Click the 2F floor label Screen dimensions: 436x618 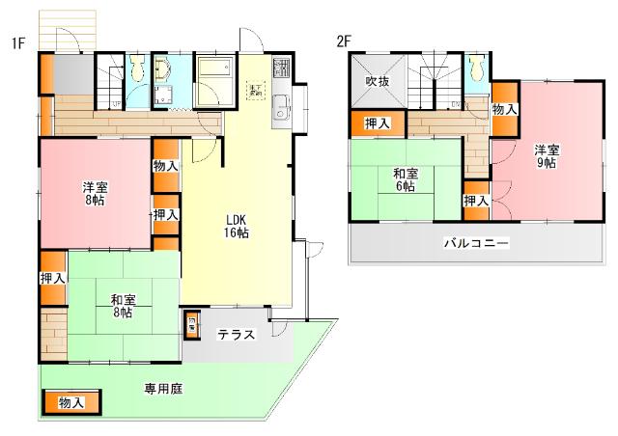[343, 41]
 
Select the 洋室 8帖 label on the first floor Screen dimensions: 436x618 [94, 193]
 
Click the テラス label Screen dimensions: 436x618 [236, 336]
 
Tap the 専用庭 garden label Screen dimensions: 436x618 [164, 389]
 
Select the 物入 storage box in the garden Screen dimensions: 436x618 [70, 402]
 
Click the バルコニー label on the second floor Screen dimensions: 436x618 [476, 243]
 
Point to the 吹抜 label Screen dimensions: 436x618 [376, 81]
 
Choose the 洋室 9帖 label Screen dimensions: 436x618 [547, 156]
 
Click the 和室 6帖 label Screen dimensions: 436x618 [406, 179]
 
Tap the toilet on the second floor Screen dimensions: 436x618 [475, 68]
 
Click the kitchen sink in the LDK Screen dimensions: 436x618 [281, 109]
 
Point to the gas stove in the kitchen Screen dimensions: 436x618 [281, 68]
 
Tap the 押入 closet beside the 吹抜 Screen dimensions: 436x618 [378, 123]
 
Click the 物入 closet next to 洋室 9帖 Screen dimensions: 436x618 [504, 110]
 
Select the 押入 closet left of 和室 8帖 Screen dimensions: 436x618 [52, 279]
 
